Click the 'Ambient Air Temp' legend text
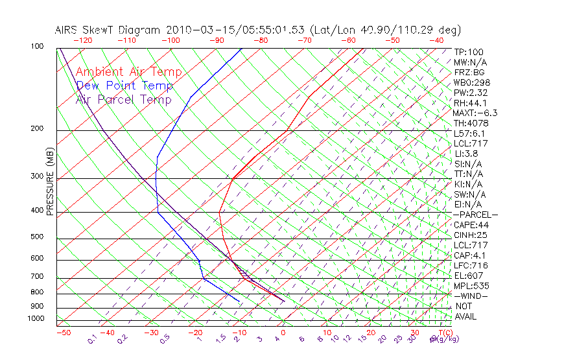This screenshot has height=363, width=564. click(x=128, y=72)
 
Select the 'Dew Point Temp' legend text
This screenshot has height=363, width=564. click(x=124, y=86)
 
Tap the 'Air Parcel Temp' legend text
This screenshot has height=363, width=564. click(x=123, y=99)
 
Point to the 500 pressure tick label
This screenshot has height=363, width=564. click(x=37, y=237)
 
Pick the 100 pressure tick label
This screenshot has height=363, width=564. click(x=37, y=47)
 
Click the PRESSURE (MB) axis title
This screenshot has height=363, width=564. click(x=50, y=182)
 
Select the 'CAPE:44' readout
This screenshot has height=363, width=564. click(x=471, y=225)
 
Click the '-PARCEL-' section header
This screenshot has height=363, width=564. click(x=475, y=215)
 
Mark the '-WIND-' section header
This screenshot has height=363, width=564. click(x=471, y=296)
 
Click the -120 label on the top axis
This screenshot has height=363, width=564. click(x=82, y=40)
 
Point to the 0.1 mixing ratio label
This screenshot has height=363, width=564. click(x=92, y=338)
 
